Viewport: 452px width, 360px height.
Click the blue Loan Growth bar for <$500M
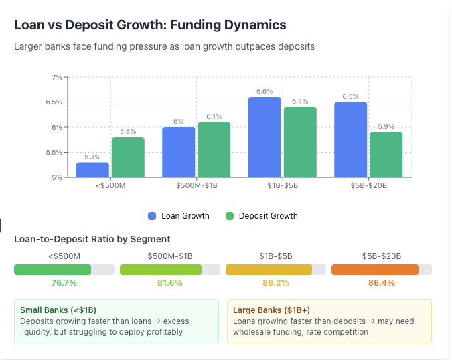pyautogui.click(x=92, y=170)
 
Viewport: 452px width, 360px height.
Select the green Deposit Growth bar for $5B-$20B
pyautogui.click(x=386, y=155)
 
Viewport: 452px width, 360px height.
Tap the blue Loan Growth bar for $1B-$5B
pyautogui.click(x=265, y=137)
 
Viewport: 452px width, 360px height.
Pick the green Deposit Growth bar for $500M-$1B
pyautogui.click(x=214, y=150)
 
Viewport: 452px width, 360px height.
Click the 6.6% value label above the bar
pyautogui.click(x=265, y=91)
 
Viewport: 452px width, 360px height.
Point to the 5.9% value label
pyautogui.click(x=386, y=126)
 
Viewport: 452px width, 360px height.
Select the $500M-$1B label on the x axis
pyautogui.click(x=196, y=185)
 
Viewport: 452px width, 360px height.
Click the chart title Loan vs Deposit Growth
pyautogui.click(x=150, y=25)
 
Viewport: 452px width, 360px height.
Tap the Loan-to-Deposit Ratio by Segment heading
pyautogui.click(x=92, y=239)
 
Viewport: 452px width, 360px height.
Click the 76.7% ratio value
pyautogui.click(x=64, y=283)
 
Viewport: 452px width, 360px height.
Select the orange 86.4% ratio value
pyautogui.click(x=382, y=283)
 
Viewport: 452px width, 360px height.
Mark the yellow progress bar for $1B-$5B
pyautogui.click(x=269, y=270)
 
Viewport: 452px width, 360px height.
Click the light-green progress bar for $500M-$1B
pyautogui.click(x=161, y=270)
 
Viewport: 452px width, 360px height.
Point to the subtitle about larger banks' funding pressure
pyautogui.click(x=164, y=47)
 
